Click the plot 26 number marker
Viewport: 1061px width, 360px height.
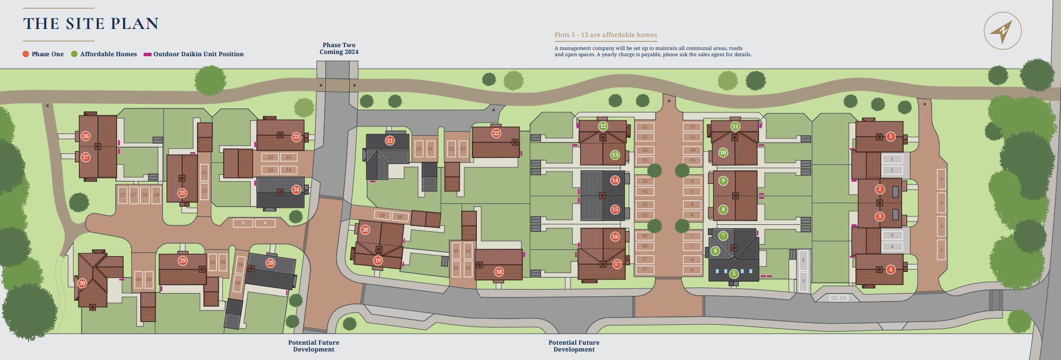coord(86,136)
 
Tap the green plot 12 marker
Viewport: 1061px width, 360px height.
coord(603,126)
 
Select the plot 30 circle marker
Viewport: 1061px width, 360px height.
coord(82,283)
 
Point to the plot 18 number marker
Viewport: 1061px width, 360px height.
coord(499,271)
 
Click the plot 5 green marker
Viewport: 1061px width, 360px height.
coord(733,274)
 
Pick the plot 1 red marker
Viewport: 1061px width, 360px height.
coord(891,136)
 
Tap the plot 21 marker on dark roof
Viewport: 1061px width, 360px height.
coord(389,141)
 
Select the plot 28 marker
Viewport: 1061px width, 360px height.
coord(270,263)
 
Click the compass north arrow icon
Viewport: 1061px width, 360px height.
coord(1002,31)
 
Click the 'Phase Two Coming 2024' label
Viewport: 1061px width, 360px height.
coord(339,48)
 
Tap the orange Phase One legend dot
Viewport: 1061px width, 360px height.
coord(26,54)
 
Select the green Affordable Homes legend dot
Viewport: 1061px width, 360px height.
coord(74,54)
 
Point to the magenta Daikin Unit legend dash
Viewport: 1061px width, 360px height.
coord(147,55)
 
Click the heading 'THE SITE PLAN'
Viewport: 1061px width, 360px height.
coord(91,24)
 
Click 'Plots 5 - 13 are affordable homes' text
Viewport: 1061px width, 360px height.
coord(606,35)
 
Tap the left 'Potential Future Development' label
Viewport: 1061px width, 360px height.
coord(313,346)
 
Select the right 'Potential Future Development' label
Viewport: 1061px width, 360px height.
coord(574,346)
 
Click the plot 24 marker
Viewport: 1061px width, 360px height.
coord(296,190)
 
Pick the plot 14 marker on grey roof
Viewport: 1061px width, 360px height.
coord(615,180)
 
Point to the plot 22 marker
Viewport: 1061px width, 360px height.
coord(496,133)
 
